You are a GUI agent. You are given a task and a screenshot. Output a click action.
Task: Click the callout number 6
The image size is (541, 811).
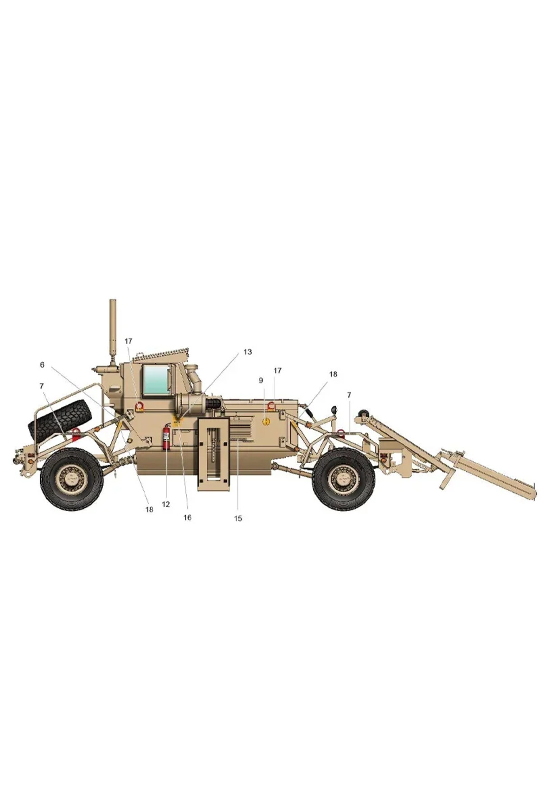tap(42, 365)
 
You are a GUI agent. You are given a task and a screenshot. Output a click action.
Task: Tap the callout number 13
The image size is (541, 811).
tap(248, 352)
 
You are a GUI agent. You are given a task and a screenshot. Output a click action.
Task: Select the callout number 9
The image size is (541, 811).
tap(261, 381)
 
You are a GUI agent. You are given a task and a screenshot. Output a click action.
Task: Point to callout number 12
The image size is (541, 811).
tap(166, 505)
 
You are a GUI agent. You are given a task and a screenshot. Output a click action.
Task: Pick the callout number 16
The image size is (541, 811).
tap(187, 518)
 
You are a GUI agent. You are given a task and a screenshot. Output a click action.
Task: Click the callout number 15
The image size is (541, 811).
tap(238, 519)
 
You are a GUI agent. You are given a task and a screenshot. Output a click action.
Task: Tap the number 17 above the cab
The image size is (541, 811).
tap(128, 341)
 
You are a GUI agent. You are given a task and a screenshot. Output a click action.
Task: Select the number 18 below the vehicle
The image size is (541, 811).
tap(149, 510)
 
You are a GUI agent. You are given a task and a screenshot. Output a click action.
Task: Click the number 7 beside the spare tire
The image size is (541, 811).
tap(42, 386)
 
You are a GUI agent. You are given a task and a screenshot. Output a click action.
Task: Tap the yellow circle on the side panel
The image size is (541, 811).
tap(266, 422)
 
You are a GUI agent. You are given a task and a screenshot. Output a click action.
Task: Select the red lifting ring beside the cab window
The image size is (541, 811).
tap(139, 406)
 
